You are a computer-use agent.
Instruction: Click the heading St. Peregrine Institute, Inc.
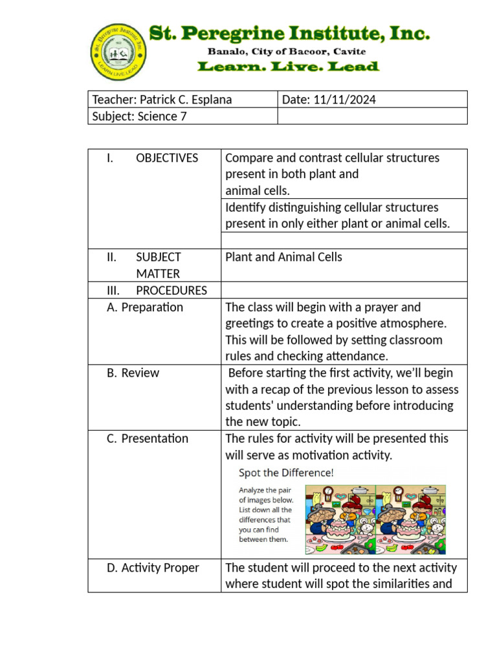[x=289, y=34]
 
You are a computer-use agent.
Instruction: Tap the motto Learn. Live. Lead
[x=287, y=67]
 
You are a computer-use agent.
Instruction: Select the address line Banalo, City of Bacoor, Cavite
[x=286, y=51]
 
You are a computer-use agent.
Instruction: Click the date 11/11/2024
[x=345, y=100]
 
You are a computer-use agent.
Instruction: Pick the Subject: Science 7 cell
[x=135, y=117]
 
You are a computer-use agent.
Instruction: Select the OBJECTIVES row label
[x=166, y=158]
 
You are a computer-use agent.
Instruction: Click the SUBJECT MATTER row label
[x=158, y=265]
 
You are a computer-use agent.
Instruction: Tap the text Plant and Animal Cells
[x=283, y=257]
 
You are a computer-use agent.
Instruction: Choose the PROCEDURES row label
[x=171, y=291]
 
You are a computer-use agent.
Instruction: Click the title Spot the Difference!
[x=286, y=473]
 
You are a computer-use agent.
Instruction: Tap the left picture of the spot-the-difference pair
[x=340, y=519]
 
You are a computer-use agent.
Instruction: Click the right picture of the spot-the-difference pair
[x=410, y=519]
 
